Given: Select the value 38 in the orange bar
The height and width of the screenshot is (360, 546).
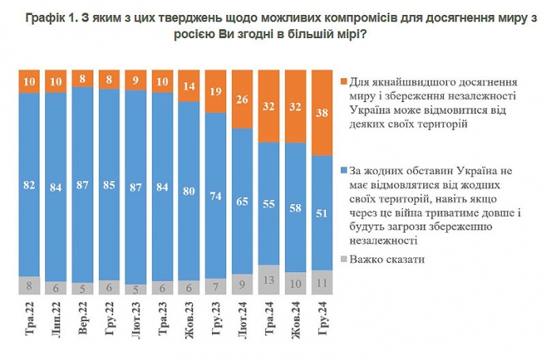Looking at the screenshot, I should pos(322,112).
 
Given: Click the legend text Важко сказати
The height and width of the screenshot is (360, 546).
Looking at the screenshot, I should pos(388,259).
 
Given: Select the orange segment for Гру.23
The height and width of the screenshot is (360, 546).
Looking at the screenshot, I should pos(216,90).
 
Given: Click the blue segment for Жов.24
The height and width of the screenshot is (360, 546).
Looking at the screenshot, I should pos(295,209).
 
